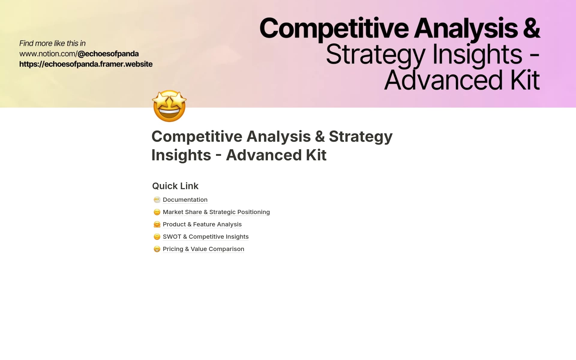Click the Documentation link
pyautogui.click(x=185, y=200)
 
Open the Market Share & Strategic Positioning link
pyautogui.click(x=216, y=212)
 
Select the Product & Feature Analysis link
pyautogui.click(x=202, y=224)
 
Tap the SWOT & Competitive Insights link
pyautogui.click(x=205, y=237)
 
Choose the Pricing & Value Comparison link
pyautogui.click(x=203, y=249)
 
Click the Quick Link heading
pyautogui.click(x=175, y=186)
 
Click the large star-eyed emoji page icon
pyautogui.click(x=169, y=106)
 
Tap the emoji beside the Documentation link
pyautogui.click(x=157, y=200)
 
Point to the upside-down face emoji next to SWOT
pyautogui.click(x=157, y=237)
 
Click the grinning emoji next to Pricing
pyautogui.click(x=157, y=249)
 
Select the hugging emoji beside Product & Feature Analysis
pyautogui.click(x=157, y=224)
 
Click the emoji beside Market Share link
pyautogui.click(x=157, y=212)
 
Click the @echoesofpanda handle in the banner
pyautogui.click(x=108, y=54)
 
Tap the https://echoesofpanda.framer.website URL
pyautogui.click(x=86, y=64)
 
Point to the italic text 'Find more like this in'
pyautogui.click(x=52, y=43)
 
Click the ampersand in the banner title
pyautogui.click(x=531, y=28)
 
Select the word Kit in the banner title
pyautogui.click(x=525, y=80)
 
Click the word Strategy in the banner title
pyautogui.click(x=376, y=55)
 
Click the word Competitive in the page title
pyautogui.click(x=196, y=136)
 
